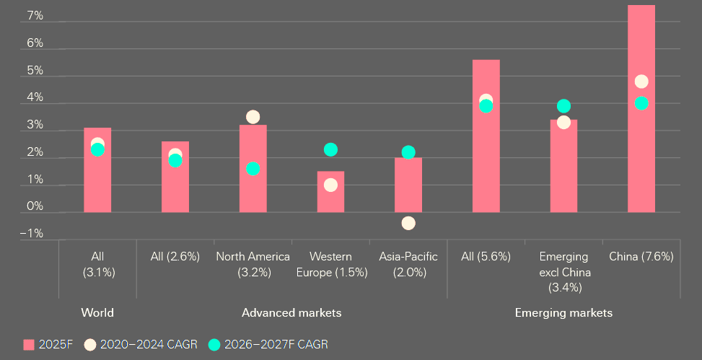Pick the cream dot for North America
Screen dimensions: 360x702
point(253,117)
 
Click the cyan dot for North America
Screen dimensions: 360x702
point(253,169)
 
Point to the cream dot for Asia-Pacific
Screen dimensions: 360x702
point(408,223)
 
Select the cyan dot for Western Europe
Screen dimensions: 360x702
point(330,149)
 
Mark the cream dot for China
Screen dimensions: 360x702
point(641,82)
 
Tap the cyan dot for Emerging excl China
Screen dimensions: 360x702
point(563,106)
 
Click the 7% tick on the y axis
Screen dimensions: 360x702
point(35,16)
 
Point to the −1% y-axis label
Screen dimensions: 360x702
point(32,234)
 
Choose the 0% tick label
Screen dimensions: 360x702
point(35,206)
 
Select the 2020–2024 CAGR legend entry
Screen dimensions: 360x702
point(141,345)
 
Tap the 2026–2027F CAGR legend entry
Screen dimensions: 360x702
point(268,345)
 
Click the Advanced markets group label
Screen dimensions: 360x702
point(291,313)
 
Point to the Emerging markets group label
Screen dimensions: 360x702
point(563,313)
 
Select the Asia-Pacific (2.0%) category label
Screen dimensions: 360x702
point(408,265)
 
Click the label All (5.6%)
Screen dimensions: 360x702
point(486,257)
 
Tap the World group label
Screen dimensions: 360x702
point(97,313)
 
